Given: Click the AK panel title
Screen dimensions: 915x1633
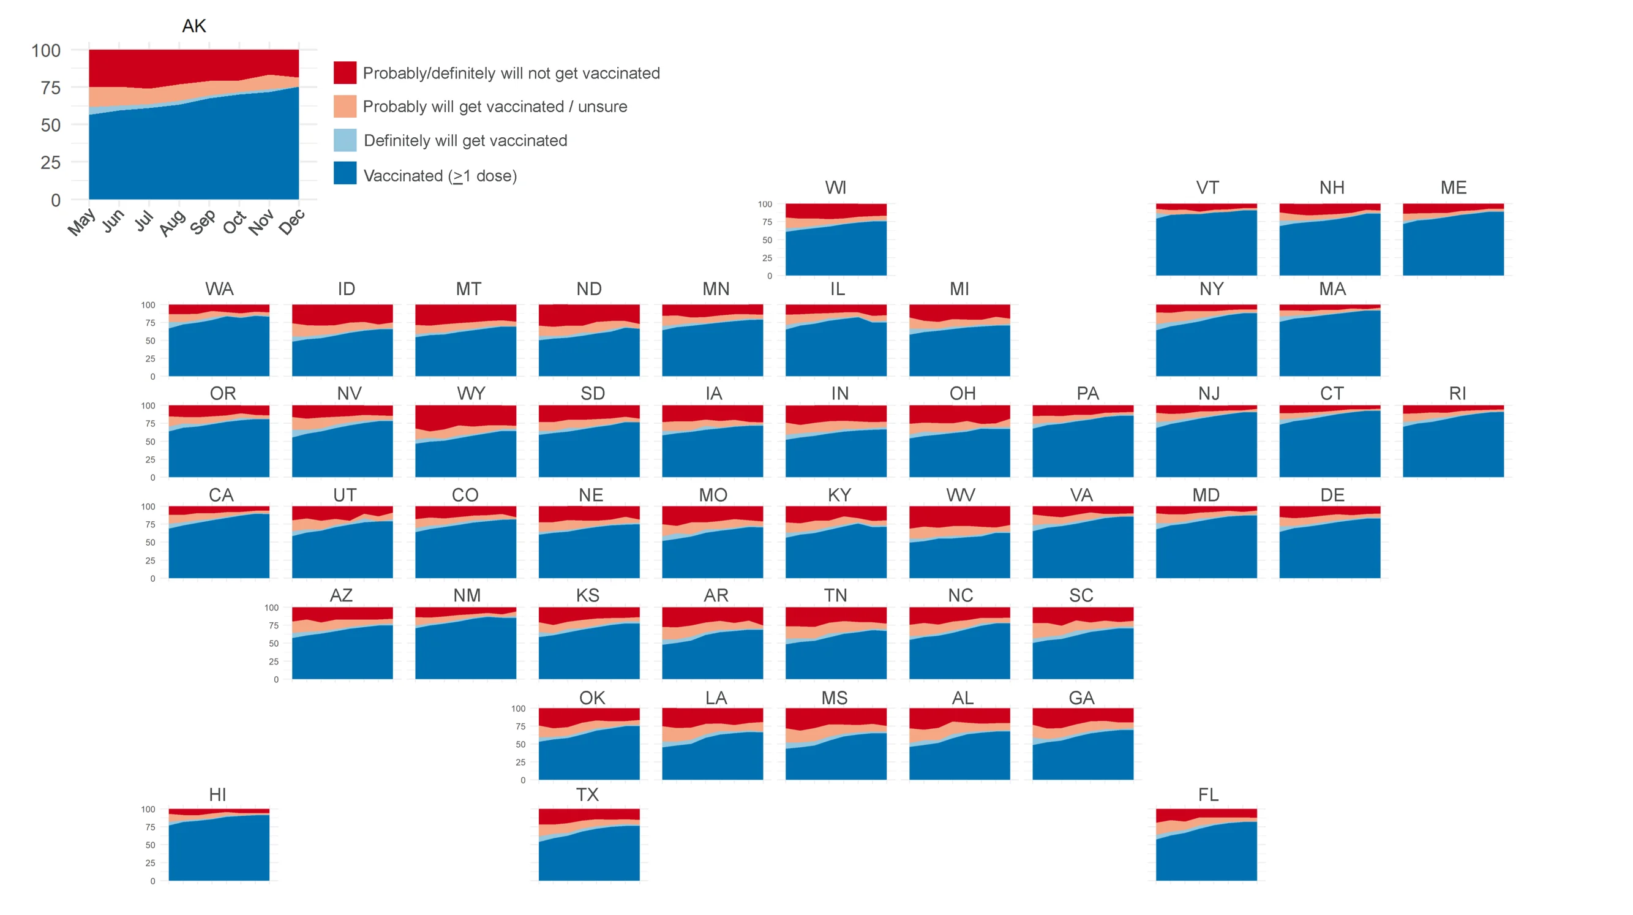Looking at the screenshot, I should pyautogui.click(x=194, y=26).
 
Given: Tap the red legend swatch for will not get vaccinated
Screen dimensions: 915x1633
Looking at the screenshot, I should pyautogui.click(x=345, y=73).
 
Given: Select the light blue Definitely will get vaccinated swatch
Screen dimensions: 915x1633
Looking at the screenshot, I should pyautogui.click(x=345, y=140).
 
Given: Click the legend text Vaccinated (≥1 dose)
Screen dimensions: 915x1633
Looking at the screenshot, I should pyautogui.click(x=440, y=176).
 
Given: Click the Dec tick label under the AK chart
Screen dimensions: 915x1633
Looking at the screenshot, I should pyautogui.click(x=293, y=222).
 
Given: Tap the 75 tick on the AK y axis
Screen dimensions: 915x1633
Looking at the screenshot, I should pyautogui.click(x=51, y=88).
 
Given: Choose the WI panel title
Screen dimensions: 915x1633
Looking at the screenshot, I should pyautogui.click(x=836, y=187).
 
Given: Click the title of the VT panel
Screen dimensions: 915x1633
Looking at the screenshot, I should pyautogui.click(x=1207, y=187).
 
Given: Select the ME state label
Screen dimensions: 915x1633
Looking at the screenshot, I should pyautogui.click(x=1453, y=187).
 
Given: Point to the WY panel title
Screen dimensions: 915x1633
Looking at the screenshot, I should pyautogui.click(x=471, y=393).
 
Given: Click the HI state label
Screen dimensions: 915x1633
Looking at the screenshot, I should pyautogui.click(x=217, y=794).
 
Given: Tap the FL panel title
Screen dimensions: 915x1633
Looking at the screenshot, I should pyautogui.click(x=1207, y=794).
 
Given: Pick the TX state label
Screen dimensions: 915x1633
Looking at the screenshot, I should pyautogui.click(x=587, y=794).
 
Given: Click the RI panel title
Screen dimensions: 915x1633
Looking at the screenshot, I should pyautogui.click(x=1457, y=393).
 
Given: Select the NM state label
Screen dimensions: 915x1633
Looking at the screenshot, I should pyautogui.click(x=467, y=595).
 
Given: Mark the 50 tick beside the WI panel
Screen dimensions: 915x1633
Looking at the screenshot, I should pyautogui.click(x=767, y=240).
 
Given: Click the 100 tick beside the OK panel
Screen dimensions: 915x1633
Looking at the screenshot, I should pyautogui.click(x=518, y=708).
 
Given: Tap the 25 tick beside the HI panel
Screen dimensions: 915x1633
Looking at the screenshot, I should pyautogui.click(x=149, y=863).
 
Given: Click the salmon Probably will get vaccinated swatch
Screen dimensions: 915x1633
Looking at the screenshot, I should pyautogui.click(x=345, y=107).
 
